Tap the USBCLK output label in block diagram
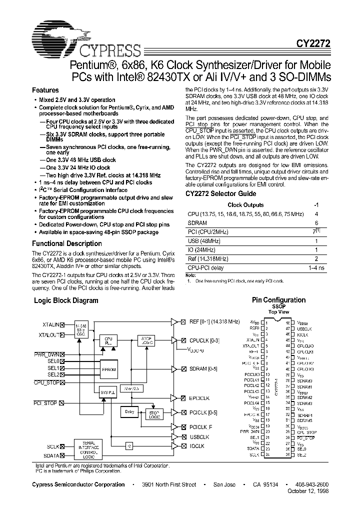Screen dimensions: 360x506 click(199, 436)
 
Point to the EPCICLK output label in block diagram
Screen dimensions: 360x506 click(199, 398)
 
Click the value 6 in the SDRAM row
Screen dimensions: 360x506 click(316, 223)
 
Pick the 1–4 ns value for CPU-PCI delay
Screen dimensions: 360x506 click(316, 268)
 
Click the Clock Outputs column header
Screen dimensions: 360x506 click(245, 205)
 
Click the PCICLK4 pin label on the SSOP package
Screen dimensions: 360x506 click(252, 402)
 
